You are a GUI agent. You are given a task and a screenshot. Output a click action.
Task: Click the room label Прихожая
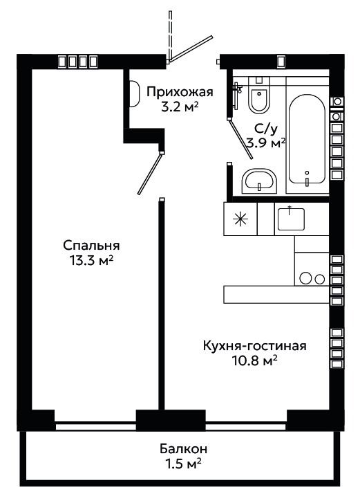pos(180,92)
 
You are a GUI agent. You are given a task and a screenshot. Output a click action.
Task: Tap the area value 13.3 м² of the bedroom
pos(91,260)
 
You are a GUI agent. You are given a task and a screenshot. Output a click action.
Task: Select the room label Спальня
pos(91,246)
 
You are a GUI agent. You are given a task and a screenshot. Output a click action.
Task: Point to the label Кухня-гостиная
pos(255,346)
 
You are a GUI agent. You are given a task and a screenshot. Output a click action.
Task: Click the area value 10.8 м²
pos(255,360)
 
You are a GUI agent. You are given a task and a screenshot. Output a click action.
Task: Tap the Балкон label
pos(184,448)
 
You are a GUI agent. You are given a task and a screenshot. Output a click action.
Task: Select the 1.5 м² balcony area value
pos(184,464)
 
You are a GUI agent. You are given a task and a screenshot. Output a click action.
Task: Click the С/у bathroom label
pos(266,129)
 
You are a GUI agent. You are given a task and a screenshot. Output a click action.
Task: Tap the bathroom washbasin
pos(259,181)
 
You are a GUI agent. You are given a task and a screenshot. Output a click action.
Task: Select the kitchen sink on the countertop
pos(291,219)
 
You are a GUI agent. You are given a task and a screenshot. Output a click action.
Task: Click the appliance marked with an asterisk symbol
pos(240,219)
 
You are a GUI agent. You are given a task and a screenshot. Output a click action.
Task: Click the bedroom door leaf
pos(149,174)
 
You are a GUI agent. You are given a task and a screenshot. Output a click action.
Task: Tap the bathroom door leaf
pos(241,138)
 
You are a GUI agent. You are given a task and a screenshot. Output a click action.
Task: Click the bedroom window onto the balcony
pos(95,427)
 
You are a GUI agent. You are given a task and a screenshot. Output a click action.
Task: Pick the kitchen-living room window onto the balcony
pos(245,427)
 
